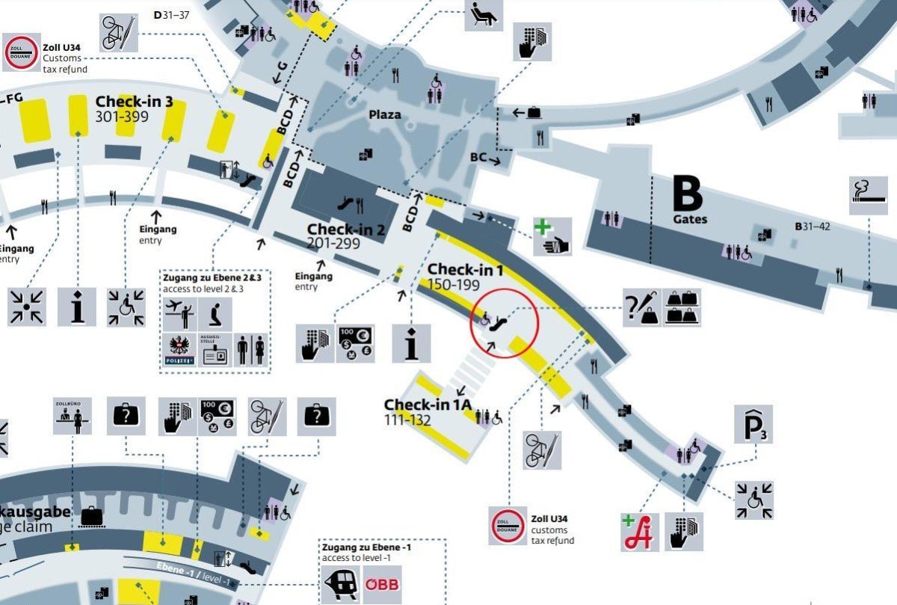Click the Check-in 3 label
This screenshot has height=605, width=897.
[x=134, y=102]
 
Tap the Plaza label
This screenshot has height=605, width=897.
[x=384, y=115]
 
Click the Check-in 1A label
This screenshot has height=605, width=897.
[x=428, y=405]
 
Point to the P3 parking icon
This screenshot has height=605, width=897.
[x=753, y=425]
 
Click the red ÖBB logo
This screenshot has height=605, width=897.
[x=383, y=585]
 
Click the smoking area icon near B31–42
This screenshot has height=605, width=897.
[x=868, y=196]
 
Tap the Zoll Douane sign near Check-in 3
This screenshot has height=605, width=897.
[x=20, y=52]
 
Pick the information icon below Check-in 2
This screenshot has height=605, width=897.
[x=411, y=343]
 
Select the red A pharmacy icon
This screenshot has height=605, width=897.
[x=640, y=532]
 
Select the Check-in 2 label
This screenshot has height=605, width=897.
[x=345, y=230]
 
